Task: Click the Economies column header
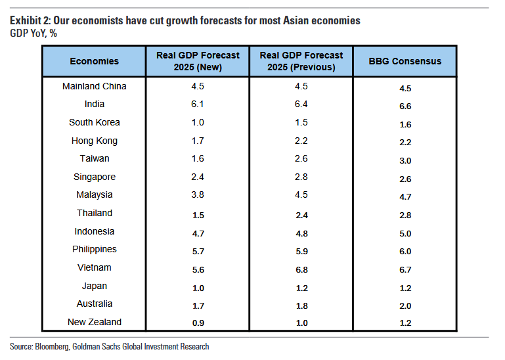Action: coord(94,61)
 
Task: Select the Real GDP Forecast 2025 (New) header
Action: coord(198,61)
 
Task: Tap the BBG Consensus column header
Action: coord(405,61)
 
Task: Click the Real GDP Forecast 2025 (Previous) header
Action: coord(301,61)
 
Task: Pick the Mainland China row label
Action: coord(94,86)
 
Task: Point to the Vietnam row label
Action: coord(94,267)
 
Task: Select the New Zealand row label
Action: coord(94,322)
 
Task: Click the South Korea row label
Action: coord(94,122)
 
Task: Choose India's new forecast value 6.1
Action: coord(198,104)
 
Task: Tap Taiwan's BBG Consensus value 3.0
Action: coord(405,160)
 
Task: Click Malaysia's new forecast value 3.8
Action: coord(198,195)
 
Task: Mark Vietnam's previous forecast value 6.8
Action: coord(301,269)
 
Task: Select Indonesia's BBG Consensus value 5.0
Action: coord(405,233)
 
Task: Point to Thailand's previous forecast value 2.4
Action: coord(301,214)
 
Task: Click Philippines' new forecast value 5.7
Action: coord(198,251)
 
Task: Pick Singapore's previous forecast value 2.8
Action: coord(301,177)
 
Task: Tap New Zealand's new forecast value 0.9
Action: coord(198,323)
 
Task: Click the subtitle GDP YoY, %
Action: coord(33,34)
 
